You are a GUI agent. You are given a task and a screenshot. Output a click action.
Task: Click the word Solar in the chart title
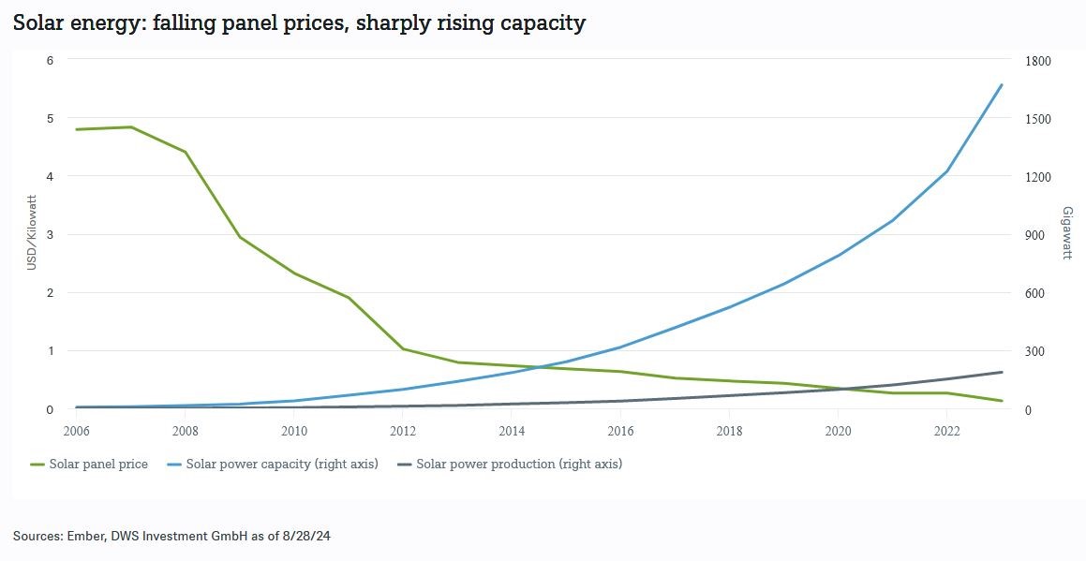[36, 23]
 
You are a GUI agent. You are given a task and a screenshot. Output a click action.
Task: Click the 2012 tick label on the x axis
[403, 431]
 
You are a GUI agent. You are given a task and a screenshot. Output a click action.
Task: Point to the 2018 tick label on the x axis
[729, 431]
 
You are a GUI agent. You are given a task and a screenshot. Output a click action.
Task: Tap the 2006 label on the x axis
[76, 431]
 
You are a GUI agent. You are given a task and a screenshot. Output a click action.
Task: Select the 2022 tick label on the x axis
[947, 431]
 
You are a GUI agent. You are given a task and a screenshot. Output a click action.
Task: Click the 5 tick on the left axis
[51, 118]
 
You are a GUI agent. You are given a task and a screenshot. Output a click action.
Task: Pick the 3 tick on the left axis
[51, 234]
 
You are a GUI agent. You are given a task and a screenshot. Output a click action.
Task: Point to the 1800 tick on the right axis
[1038, 61]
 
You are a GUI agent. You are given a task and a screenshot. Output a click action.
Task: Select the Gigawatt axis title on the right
[1066, 232]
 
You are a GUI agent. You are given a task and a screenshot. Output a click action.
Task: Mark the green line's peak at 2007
[131, 127]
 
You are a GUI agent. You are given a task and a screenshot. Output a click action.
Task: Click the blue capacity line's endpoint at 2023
[1002, 85]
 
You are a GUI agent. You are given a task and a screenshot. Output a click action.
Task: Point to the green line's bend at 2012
[403, 349]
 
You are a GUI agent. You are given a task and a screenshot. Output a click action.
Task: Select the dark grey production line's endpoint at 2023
[1002, 372]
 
